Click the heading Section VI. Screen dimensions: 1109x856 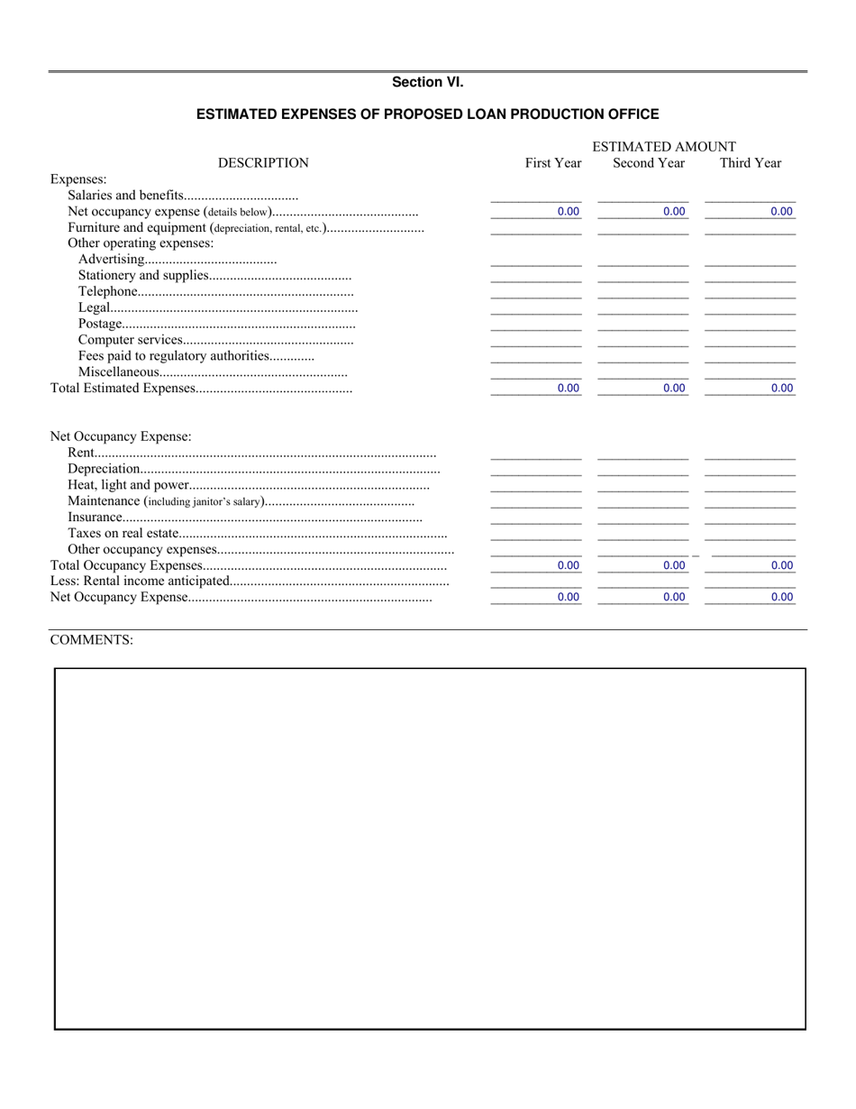[427, 82]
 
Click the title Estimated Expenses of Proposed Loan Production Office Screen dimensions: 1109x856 [427, 115]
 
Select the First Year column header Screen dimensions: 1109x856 [553, 163]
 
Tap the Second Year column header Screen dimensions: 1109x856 [649, 163]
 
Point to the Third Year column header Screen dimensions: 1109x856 [750, 163]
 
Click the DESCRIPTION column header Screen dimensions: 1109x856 [263, 163]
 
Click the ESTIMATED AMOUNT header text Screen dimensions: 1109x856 [664, 147]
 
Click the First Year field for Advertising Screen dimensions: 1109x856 [536, 260]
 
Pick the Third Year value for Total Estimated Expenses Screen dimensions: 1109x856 [750, 389]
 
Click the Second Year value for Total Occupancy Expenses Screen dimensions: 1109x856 [643, 565]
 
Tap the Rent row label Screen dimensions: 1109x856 [80, 454]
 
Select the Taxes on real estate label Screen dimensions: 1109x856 [123, 534]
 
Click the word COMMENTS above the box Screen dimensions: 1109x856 [92, 640]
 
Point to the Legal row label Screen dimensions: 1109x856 [94, 308]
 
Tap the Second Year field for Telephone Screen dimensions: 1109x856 [643, 292]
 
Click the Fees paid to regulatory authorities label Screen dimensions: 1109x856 [174, 356]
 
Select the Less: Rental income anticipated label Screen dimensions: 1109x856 [140, 582]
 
